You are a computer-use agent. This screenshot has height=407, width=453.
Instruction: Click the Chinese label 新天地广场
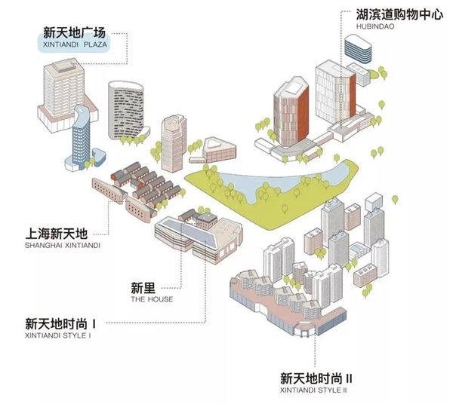[74, 32]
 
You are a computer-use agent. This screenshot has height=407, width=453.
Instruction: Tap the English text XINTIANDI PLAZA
[75, 44]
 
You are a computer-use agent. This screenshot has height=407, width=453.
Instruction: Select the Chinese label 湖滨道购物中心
[399, 14]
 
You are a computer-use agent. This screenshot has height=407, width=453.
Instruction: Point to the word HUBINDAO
[375, 26]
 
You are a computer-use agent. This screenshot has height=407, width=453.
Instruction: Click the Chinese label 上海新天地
[57, 234]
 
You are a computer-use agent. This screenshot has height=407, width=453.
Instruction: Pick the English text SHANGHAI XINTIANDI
[63, 246]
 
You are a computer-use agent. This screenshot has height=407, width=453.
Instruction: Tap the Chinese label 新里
[143, 288]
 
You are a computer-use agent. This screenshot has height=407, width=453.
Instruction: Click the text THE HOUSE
[152, 299]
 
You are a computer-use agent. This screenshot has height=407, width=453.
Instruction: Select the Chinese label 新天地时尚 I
[60, 324]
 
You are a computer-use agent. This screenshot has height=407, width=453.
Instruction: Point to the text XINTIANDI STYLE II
[313, 390]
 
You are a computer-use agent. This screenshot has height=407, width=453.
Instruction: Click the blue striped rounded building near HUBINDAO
[358, 48]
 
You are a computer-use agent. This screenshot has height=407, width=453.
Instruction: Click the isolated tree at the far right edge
[395, 200]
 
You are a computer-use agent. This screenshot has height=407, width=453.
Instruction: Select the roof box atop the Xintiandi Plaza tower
[64, 66]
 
